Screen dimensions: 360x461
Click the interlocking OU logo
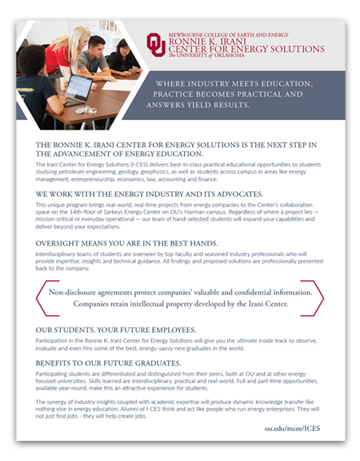point(156,44)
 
